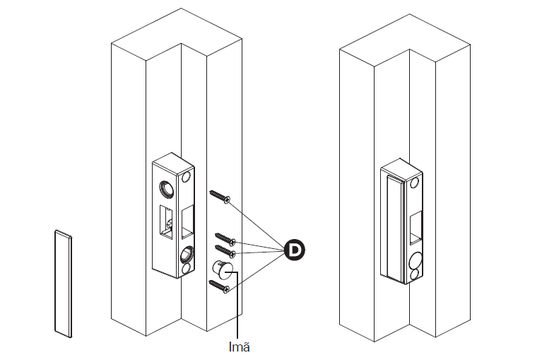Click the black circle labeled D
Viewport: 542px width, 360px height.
click(x=294, y=250)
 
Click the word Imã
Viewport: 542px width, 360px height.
click(x=239, y=347)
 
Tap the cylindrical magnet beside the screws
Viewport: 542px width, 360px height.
click(x=223, y=269)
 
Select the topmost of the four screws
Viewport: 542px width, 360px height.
click(x=220, y=196)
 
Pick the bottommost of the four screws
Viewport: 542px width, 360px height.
click(x=220, y=286)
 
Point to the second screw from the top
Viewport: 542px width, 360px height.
click(x=225, y=239)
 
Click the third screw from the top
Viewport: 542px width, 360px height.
click(x=225, y=251)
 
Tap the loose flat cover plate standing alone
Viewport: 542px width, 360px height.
click(x=64, y=284)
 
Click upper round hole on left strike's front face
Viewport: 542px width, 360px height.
click(x=167, y=189)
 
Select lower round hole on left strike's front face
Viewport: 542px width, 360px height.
click(x=187, y=255)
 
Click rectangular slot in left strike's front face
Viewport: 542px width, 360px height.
click(x=166, y=223)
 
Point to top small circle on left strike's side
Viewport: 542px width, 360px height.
click(x=187, y=177)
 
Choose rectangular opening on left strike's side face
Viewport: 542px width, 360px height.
click(x=187, y=221)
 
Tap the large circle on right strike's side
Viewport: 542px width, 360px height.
click(x=415, y=260)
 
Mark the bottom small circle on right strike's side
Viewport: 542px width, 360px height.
click(x=415, y=275)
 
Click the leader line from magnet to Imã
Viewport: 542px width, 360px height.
click(x=237, y=304)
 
